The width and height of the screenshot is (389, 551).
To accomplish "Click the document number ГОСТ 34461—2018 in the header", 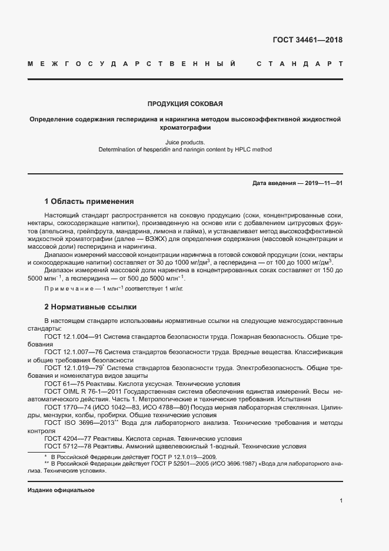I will click(307, 41).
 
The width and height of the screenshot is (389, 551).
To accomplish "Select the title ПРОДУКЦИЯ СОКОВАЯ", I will click(185, 104).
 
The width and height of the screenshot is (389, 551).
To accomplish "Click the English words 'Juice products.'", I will click(185, 142).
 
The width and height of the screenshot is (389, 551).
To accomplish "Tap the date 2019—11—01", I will click(321, 183).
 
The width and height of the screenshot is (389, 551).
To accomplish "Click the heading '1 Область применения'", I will click(89, 201).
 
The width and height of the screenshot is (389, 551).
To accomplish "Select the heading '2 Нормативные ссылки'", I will click(90, 307).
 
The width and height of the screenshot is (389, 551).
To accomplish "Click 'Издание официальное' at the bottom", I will click(61, 490).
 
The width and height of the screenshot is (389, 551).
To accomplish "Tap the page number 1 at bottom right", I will click(341, 501).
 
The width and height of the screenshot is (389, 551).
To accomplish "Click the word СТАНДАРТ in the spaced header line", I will click(300, 63).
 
